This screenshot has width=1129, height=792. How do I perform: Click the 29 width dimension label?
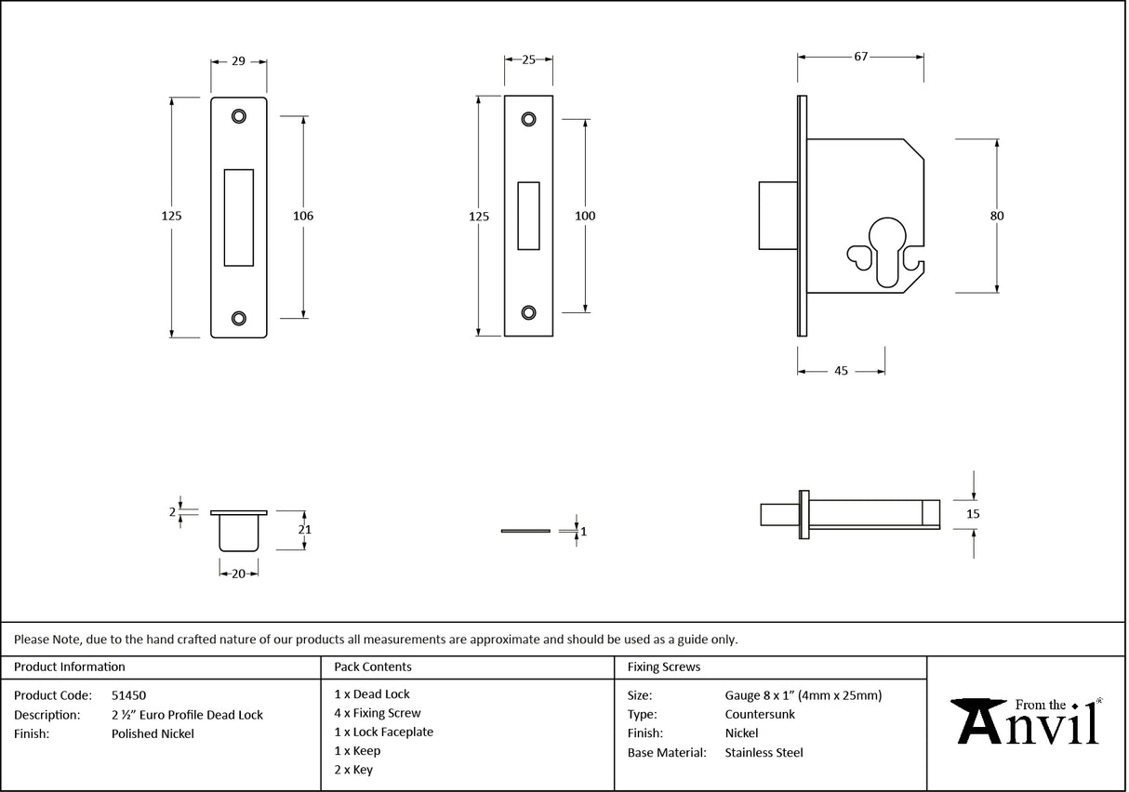[238, 60]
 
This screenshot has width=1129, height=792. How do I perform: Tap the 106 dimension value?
[303, 216]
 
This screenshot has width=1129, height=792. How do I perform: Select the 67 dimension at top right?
[860, 57]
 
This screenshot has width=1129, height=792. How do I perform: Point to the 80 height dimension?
[997, 216]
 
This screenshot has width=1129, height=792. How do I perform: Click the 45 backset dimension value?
[841, 370]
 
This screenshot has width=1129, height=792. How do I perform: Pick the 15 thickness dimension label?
[974, 513]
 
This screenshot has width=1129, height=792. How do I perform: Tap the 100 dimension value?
[585, 216]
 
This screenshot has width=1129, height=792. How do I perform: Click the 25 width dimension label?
[528, 60]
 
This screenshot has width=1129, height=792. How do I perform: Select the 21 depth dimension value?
[303, 530]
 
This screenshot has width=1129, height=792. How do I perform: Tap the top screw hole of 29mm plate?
[239, 116]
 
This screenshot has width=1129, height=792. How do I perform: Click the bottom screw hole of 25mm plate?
[529, 312]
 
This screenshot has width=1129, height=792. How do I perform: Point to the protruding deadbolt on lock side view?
[777, 216]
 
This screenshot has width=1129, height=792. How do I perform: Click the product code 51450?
[128, 694]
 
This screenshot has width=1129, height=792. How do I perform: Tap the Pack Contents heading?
[373, 667]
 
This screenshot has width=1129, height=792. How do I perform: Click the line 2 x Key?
[353, 770]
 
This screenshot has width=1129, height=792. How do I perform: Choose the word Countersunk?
[760, 714]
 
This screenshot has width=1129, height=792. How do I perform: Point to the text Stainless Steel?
[764, 753]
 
